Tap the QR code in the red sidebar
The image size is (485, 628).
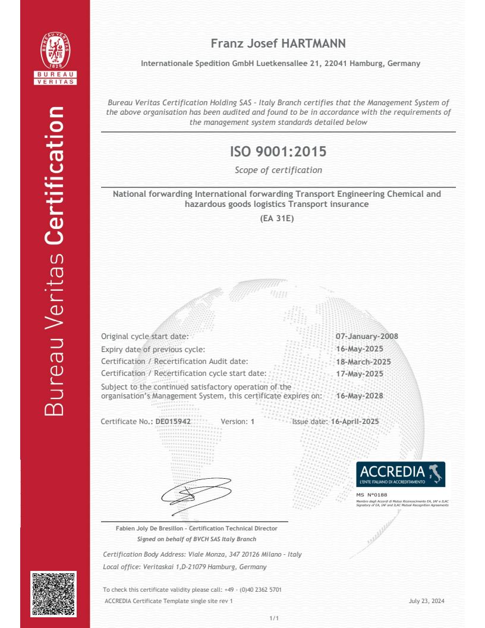click(53, 594)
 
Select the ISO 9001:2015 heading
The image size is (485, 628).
click(278, 152)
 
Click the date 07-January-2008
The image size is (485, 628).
click(367, 337)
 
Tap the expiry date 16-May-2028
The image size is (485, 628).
click(360, 396)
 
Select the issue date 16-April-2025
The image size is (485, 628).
click(355, 422)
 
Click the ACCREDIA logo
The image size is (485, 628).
click(401, 475)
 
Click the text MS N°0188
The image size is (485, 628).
click(371, 494)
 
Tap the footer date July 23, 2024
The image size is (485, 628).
click(427, 601)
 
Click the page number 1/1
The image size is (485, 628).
click(274, 618)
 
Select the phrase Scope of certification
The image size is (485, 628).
click(278, 170)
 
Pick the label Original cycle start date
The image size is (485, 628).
click(144, 337)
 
